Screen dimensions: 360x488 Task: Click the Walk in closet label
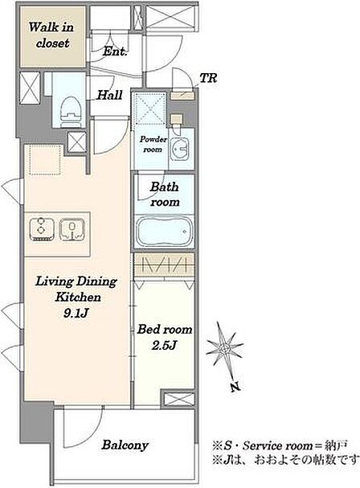(51, 35)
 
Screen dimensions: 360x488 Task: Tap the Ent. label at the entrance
(115, 51)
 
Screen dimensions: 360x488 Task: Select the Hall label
(109, 95)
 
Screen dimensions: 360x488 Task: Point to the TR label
(208, 78)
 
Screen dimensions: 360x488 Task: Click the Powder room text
(153, 145)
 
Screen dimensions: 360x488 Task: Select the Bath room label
(165, 195)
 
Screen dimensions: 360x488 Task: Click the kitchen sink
(72, 230)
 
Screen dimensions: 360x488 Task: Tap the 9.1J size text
(76, 313)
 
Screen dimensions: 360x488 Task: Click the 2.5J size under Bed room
(164, 346)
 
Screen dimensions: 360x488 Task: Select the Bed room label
(165, 330)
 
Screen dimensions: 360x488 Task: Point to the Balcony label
(125, 445)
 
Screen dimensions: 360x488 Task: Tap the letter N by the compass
(235, 387)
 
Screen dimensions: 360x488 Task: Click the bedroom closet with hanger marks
(164, 265)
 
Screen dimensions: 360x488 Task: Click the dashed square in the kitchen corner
(45, 160)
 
